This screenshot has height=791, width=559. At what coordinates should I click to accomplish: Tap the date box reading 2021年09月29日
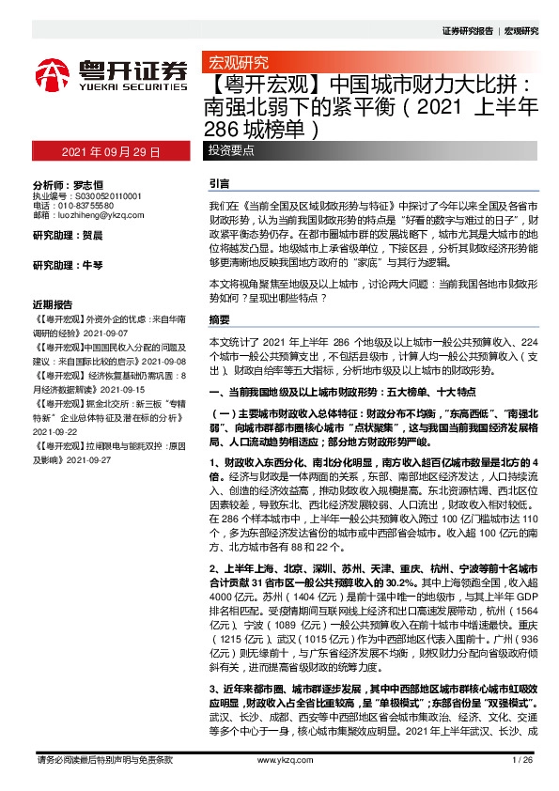[x=111, y=151]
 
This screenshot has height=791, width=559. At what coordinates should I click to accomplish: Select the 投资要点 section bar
[x=235, y=151]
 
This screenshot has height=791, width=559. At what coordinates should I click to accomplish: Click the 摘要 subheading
[x=219, y=319]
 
